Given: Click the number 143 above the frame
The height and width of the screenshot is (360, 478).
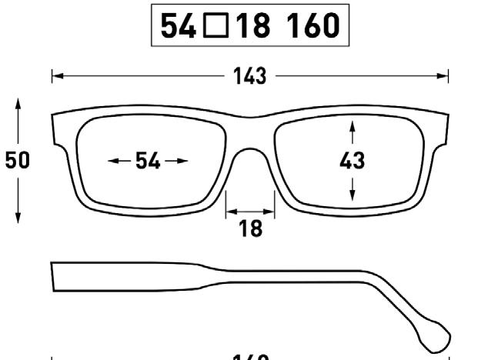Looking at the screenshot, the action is coord(249,75).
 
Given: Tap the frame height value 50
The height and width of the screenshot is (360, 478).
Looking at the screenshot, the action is coord(17,160).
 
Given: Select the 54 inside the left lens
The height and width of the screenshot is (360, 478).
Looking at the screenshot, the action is coord(148,161).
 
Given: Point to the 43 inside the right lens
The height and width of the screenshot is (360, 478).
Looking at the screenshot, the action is coord(352,161).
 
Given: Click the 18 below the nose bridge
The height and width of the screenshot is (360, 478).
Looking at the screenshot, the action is coord(250,228).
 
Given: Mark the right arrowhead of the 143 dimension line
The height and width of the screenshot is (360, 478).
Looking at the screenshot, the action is coord(444,75).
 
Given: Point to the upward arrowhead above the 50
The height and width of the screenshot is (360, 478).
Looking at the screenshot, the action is coord(18,102).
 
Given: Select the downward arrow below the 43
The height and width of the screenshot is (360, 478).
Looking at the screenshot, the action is coord(352,195).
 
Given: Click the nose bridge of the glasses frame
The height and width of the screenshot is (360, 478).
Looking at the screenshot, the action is coord(249,131).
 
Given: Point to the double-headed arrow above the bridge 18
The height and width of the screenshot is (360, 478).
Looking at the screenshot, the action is coord(250,209).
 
